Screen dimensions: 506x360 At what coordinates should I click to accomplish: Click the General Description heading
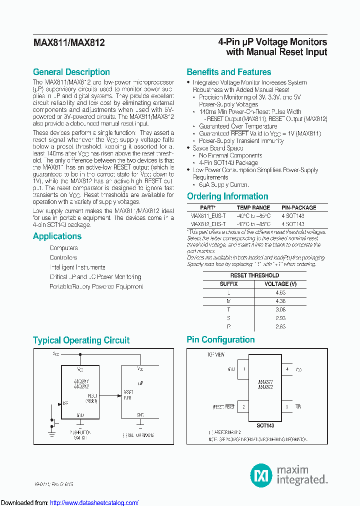[x=71, y=72]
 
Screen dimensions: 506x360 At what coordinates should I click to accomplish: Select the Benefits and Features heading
[x=228, y=72]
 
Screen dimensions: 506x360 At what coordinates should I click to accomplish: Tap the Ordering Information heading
[x=227, y=196]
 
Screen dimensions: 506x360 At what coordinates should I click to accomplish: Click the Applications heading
[x=57, y=236]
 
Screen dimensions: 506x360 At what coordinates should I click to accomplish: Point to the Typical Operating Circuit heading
[x=81, y=340]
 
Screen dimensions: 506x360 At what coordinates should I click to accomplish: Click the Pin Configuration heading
[x=220, y=340]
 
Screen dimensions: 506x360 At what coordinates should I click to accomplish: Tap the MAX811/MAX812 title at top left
[x=68, y=43]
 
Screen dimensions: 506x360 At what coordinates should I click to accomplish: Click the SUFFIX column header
[x=229, y=284]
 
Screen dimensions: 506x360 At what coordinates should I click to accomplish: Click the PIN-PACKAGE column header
[x=298, y=207]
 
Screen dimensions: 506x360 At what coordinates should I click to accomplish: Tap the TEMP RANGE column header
[x=253, y=207]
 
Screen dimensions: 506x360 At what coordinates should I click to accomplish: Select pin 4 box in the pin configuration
[x=287, y=370]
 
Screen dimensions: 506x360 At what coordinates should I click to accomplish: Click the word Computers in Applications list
[x=63, y=248]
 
